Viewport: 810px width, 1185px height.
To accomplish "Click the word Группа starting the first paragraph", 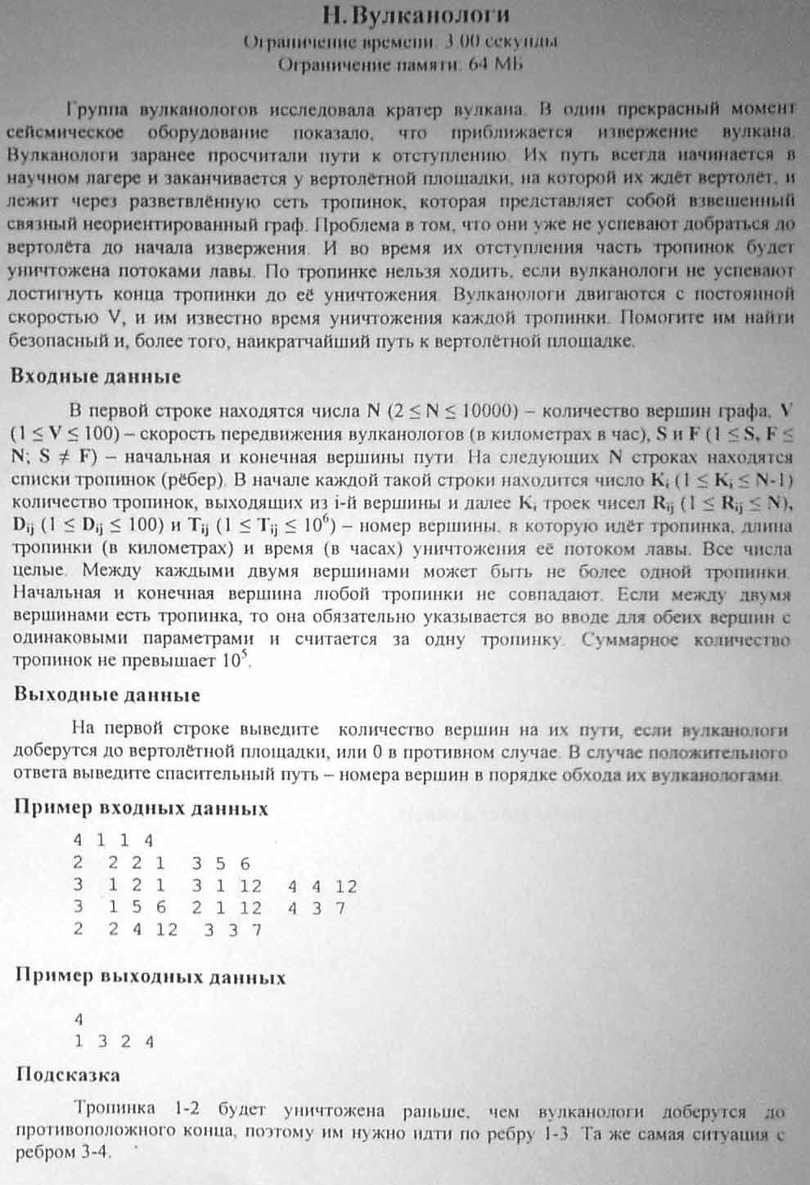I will pos(98,109).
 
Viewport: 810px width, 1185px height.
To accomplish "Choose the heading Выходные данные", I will pos(107,695).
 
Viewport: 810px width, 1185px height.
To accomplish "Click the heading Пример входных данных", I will pos(142,809).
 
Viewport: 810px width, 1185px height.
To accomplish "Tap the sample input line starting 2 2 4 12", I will pos(167,930).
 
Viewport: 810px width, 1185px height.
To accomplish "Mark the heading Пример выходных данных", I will pos(151,977).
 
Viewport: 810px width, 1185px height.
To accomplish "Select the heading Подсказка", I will pos(68,1075).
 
